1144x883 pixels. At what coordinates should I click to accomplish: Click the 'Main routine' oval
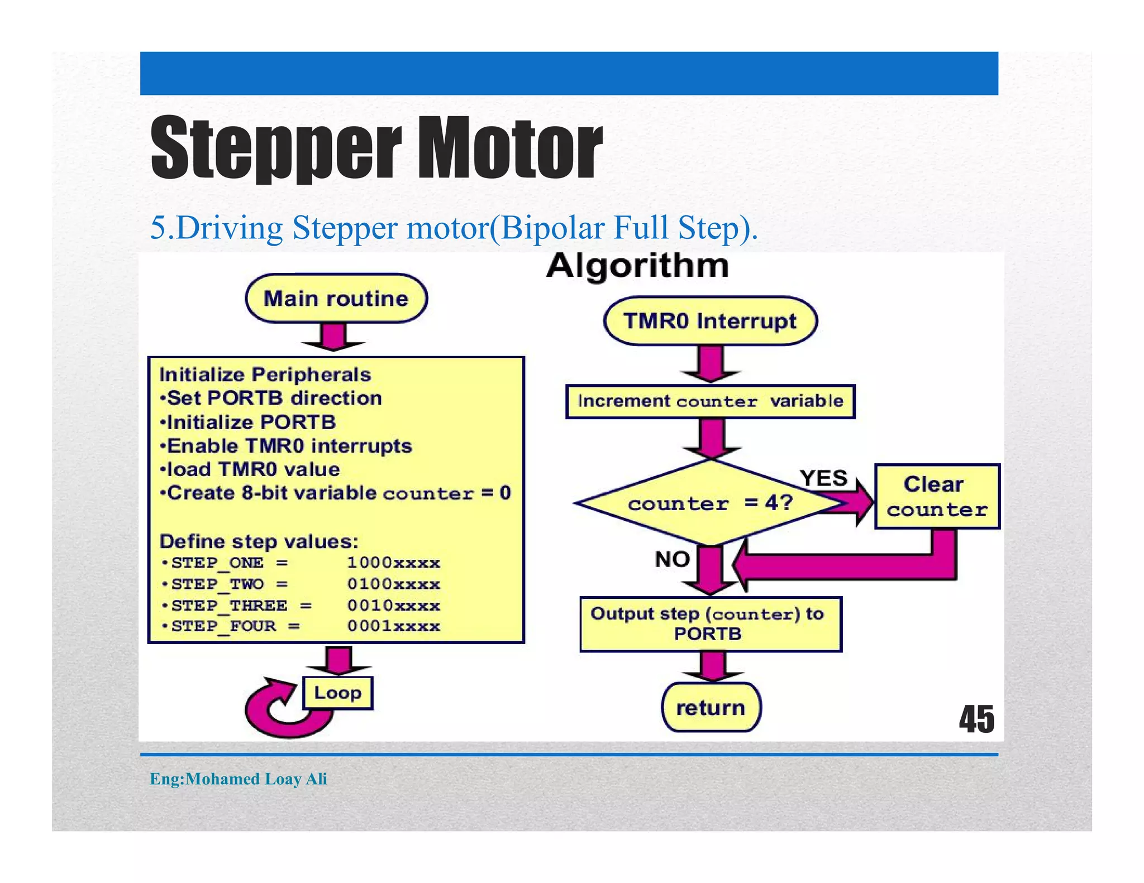336,299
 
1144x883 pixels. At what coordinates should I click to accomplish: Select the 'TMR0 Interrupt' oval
710,321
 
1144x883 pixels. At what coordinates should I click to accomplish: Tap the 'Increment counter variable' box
710,401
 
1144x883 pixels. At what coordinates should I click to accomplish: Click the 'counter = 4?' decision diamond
709,503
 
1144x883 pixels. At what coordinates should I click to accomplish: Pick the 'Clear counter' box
936,496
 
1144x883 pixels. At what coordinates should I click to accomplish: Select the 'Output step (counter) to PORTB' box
710,624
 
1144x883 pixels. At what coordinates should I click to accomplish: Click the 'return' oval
711,708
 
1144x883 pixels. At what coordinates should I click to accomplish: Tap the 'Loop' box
337,693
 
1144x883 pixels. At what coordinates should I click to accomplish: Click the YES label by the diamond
823,478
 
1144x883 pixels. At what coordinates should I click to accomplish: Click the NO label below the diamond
672,559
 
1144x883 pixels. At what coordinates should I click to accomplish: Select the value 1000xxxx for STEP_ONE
393,563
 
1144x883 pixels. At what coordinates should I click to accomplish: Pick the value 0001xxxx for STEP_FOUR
393,626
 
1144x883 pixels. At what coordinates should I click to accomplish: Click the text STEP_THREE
230,606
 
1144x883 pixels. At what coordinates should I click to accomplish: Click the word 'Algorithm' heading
637,265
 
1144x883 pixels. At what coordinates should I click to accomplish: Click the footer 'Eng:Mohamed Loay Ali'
239,779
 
